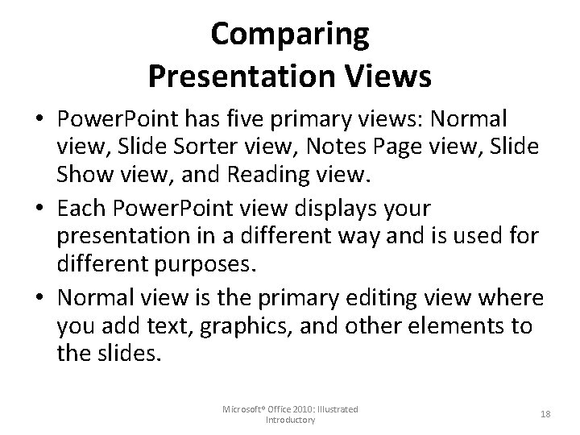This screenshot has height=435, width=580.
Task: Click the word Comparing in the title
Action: [289, 35]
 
